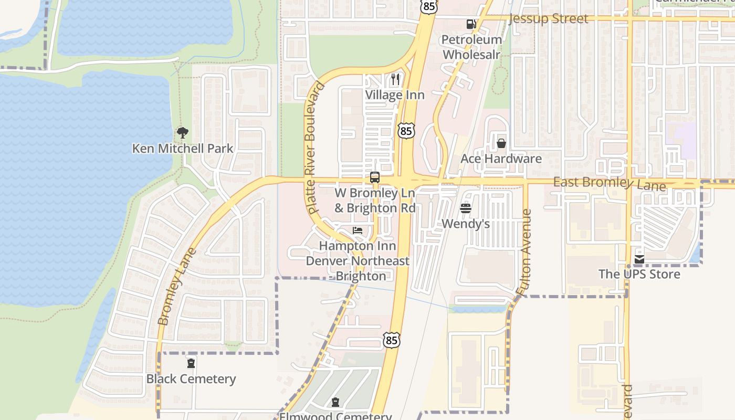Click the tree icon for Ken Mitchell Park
(182, 133)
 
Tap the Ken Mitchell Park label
(183, 149)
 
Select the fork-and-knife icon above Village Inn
(395, 79)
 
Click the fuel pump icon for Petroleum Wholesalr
(471, 24)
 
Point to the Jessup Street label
(549, 19)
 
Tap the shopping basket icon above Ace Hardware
(501, 143)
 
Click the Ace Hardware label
(501, 159)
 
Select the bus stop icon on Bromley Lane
(375, 177)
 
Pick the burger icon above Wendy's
(466, 208)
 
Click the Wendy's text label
(466, 224)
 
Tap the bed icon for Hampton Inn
(358, 230)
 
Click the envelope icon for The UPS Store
(639, 259)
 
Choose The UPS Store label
(639, 274)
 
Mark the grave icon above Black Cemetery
(191, 363)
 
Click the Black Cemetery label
(191, 379)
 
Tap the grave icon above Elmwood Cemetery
(335, 403)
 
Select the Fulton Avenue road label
(524, 252)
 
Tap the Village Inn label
(395, 95)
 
